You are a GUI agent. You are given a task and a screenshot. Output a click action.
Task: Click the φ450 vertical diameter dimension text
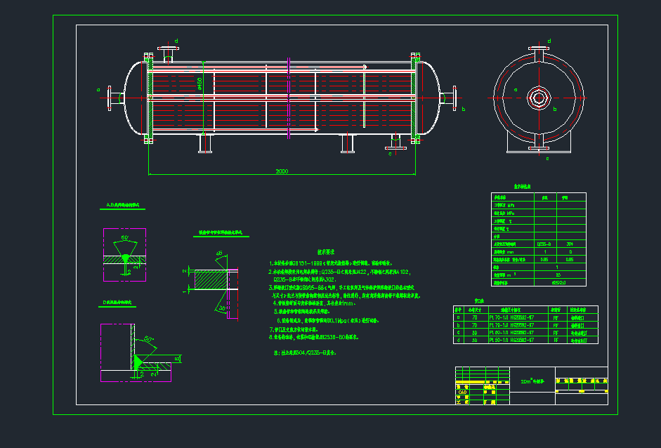pos(199,84)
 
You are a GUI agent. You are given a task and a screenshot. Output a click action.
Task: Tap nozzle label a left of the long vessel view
pos(98,89)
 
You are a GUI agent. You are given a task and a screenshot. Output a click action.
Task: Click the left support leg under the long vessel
pos(206,143)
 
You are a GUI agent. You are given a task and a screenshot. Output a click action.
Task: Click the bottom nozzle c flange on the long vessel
pos(393,147)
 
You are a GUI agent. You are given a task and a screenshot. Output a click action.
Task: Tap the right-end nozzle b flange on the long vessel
pos(454,96)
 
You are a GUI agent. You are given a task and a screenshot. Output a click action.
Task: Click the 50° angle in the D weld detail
pos(149,340)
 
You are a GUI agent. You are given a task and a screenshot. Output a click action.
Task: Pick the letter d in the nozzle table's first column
pos(459,340)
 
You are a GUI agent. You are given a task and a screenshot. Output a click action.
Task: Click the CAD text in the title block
pos(462,393)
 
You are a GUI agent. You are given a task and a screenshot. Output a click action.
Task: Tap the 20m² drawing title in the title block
pos(532,381)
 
